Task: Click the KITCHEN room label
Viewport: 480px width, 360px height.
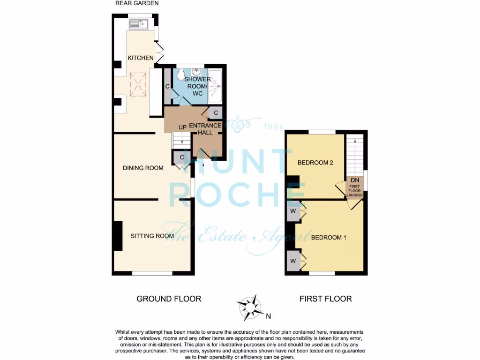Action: point(141,58)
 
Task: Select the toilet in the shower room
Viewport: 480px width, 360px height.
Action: point(181,74)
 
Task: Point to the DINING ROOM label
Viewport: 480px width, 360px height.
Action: point(143,168)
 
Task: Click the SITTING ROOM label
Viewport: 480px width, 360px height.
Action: point(152,236)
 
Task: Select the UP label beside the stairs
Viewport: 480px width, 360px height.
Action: point(183,127)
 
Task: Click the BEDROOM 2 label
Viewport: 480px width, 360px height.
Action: point(315,163)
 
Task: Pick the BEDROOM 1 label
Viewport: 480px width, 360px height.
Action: point(329,237)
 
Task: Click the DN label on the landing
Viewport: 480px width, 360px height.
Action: point(354,180)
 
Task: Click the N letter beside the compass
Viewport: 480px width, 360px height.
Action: point(269,315)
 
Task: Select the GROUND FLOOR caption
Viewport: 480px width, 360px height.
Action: point(169,299)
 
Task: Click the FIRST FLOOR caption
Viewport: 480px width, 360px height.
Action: point(325,299)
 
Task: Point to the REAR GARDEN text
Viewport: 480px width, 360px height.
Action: point(137,3)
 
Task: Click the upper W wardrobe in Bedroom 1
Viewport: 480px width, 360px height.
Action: point(293,211)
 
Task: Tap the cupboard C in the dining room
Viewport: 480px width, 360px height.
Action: point(181,157)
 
